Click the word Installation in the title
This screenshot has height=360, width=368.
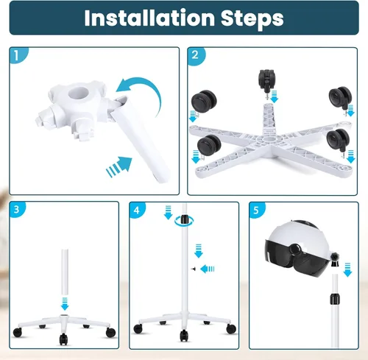[x=149, y=18]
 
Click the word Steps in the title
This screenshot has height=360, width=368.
[x=252, y=18]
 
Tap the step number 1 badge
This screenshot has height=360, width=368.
[x=18, y=55]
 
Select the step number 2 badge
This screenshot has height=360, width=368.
[x=196, y=56]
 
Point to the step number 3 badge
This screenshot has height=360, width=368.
[x=17, y=210]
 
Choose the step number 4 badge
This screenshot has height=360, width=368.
[x=137, y=210]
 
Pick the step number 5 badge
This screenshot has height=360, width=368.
[x=257, y=211]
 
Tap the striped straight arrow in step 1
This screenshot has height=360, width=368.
[x=119, y=166]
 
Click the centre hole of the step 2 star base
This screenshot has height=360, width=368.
[x=266, y=140]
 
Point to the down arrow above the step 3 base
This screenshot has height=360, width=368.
[x=65, y=303]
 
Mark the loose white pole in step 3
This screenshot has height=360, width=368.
[x=65, y=272]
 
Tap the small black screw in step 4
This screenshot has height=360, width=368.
[x=194, y=269]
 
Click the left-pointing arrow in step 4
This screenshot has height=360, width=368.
[x=208, y=269]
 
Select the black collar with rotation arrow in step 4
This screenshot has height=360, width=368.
[x=184, y=219]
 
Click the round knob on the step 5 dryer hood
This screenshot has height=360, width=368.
[x=294, y=249]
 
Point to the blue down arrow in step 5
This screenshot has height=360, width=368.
[x=347, y=269]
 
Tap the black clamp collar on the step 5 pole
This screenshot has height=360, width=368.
[x=335, y=299]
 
